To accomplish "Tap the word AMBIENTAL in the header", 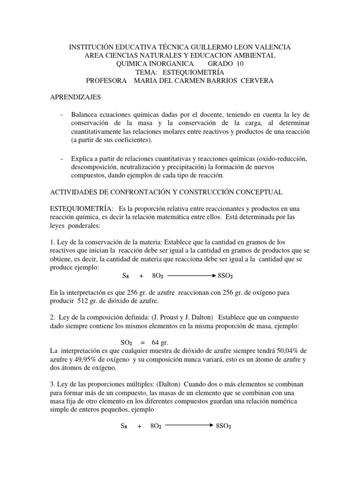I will pos(255,56).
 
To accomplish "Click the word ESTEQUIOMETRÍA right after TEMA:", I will pos(193,73).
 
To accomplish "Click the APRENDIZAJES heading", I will pos(75,97).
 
